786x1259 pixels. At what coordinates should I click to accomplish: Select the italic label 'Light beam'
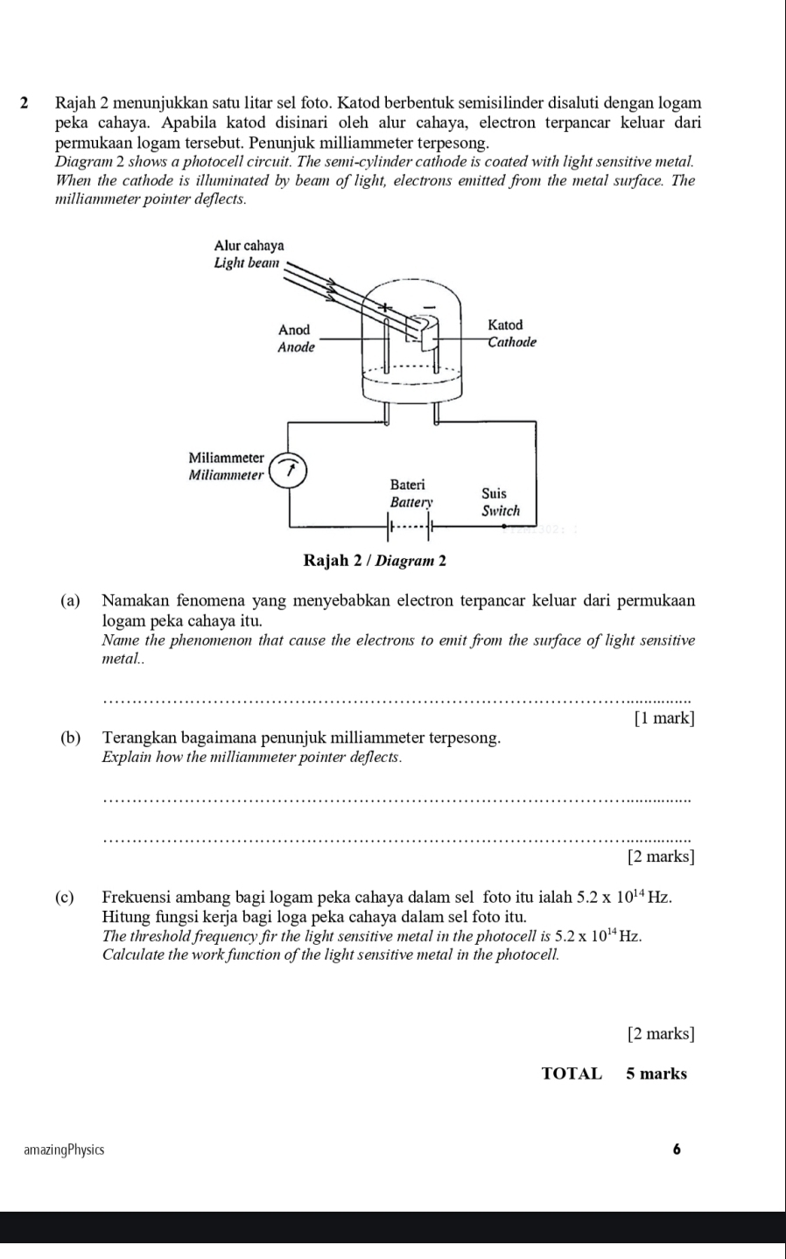click(246, 262)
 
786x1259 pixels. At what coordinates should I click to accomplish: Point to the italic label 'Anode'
click(295, 347)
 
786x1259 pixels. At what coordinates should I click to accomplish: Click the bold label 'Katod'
click(505, 325)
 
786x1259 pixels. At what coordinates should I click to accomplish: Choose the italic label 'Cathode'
click(511, 341)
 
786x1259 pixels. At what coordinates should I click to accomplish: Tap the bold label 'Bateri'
click(407, 484)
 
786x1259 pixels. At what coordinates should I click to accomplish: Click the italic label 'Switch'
click(501, 510)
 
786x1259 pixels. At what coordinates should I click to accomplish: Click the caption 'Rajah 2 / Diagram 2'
click(375, 560)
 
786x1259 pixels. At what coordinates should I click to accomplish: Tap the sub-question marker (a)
click(72, 601)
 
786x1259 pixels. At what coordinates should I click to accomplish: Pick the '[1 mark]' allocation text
click(663, 718)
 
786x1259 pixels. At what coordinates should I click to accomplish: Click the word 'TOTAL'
click(572, 1074)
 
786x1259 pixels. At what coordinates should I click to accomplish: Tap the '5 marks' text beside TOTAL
click(656, 1074)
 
